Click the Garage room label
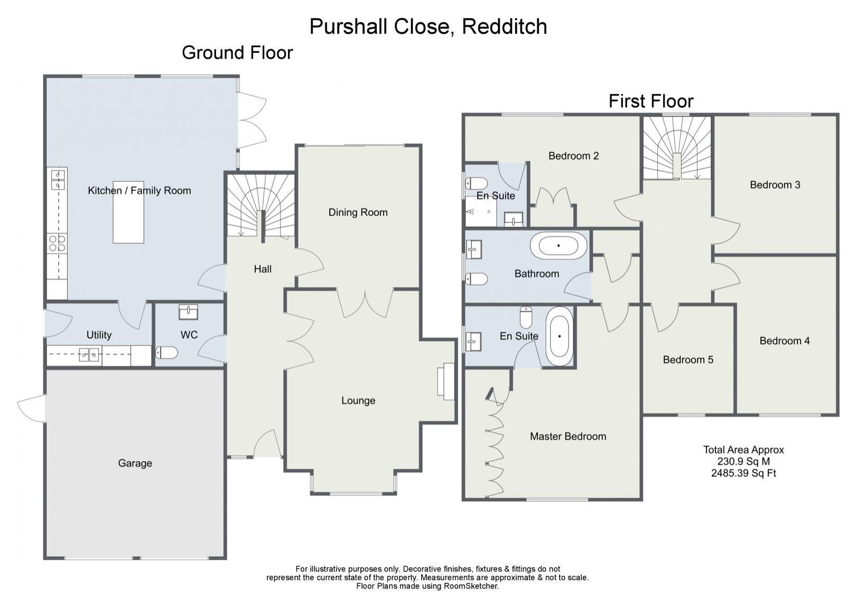(135, 463)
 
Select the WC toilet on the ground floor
(166, 352)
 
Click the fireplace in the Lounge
(446, 381)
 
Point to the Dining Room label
(358, 212)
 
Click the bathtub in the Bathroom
(559, 246)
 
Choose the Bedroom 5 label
(688, 360)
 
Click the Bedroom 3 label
(775, 185)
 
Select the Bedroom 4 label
(784, 341)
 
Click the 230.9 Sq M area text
(743, 461)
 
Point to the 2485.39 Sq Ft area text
(743, 473)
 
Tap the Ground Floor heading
(237, 53)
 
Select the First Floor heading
(650, 101)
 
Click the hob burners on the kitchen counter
(57, 243)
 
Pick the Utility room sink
(89, 355)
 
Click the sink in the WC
(189, 312)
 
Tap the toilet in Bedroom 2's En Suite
(476, 184)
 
